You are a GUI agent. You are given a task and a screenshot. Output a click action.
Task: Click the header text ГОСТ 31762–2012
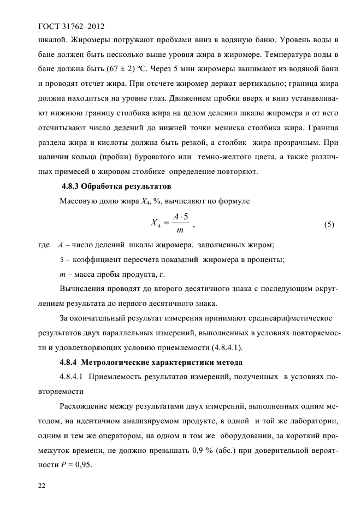click(x=70, y=26)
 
